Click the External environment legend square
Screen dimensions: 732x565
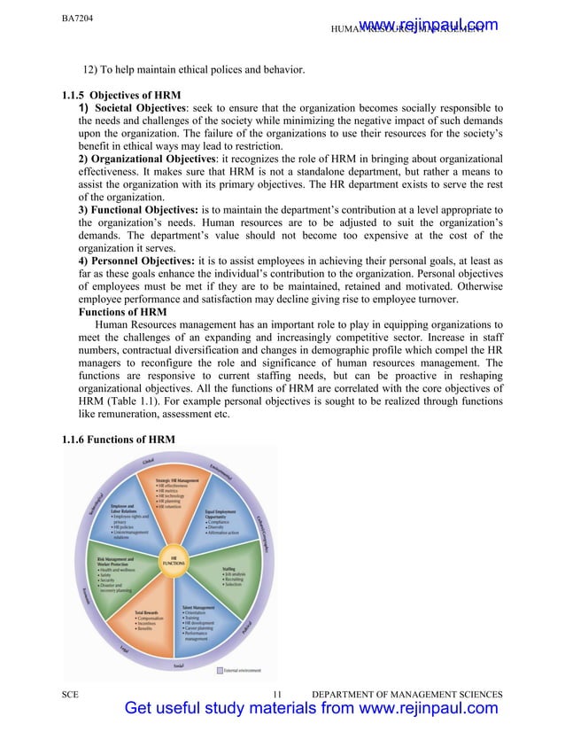pyautogui.click(x=220, y=670)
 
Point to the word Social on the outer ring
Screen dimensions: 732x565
pyautogui.click(x=178, y=664)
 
